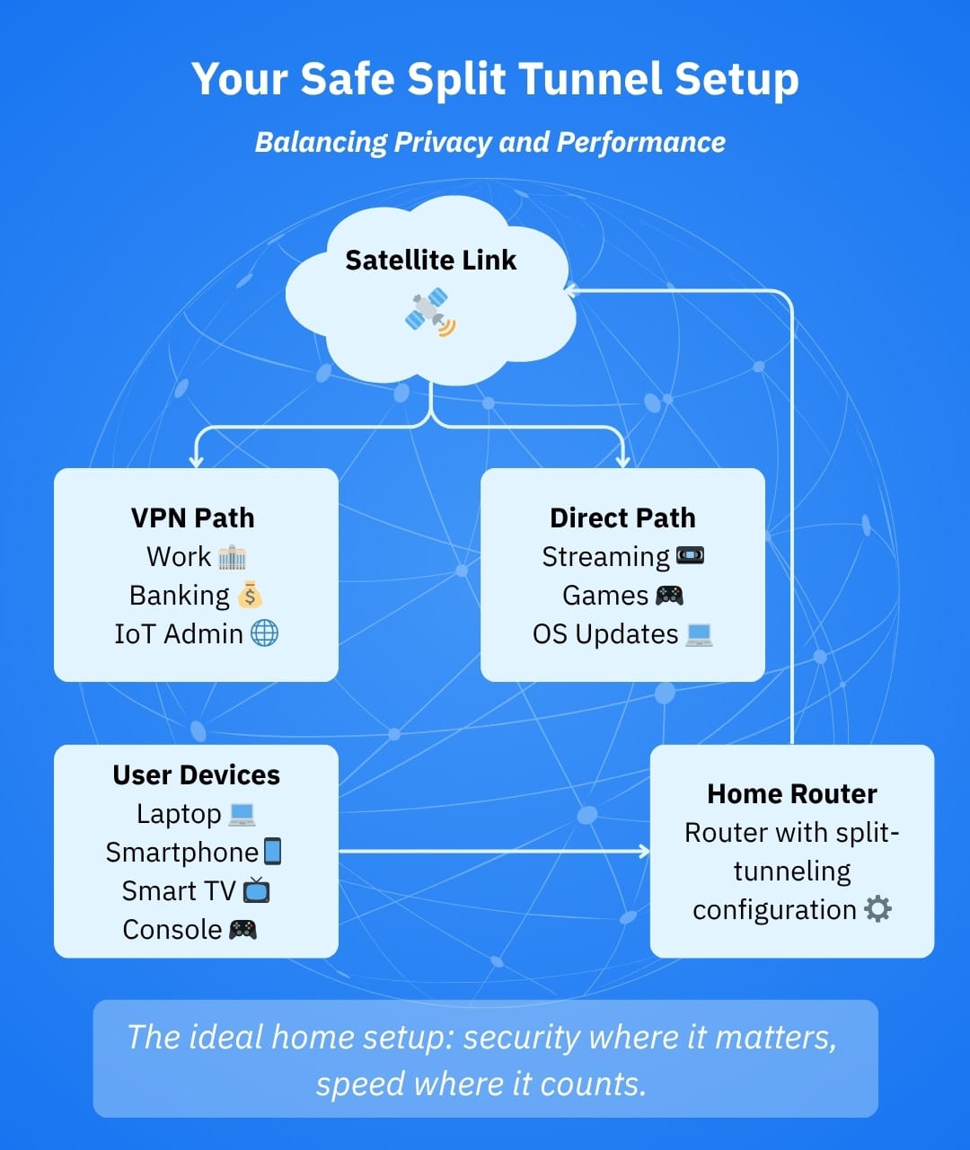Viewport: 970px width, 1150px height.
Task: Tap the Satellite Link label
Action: (x=430, y=261)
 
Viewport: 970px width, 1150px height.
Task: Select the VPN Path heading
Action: (x=192, y=518)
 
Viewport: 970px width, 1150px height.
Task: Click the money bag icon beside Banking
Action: (x=250, y=595)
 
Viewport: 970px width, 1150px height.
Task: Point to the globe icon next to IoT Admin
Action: (x=264, y=633)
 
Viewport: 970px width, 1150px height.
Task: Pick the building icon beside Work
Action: (x=232, y=557)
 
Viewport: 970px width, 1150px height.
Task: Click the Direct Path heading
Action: (x=622, y=518)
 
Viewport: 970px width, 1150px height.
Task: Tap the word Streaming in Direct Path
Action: (x=605, y=557)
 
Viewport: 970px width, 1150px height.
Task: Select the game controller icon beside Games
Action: (x=669, y=595)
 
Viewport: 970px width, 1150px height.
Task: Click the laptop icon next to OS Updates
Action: (x=699, y=634)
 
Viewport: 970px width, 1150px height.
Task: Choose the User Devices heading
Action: (x=196, y=775)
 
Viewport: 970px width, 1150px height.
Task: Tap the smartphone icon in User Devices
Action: (x=272, y=851)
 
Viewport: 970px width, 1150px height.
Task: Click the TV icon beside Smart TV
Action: (x=256, y=890)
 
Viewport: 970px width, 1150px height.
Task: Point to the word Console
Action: (x=172, y=930)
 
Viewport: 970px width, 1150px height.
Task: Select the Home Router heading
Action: (x=791, y=794)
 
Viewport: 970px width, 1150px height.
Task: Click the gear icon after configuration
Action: (x=877, y=909)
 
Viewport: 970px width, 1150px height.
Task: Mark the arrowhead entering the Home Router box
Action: (x=644, y=851)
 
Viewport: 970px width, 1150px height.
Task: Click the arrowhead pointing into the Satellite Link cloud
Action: (x=569, y=290)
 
